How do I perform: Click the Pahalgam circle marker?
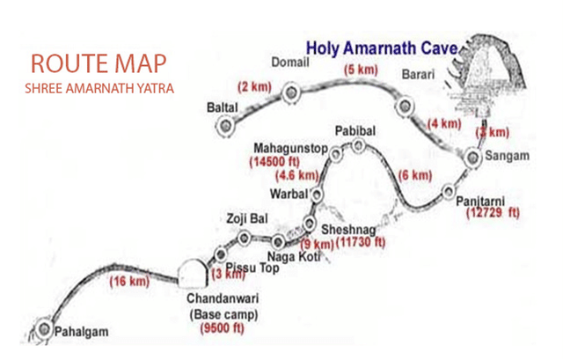45,330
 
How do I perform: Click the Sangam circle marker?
474,158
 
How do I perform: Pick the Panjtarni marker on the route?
450,191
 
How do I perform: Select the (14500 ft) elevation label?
276,161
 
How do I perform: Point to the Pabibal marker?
358,146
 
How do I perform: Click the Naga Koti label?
292,257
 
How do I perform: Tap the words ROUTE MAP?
97,64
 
